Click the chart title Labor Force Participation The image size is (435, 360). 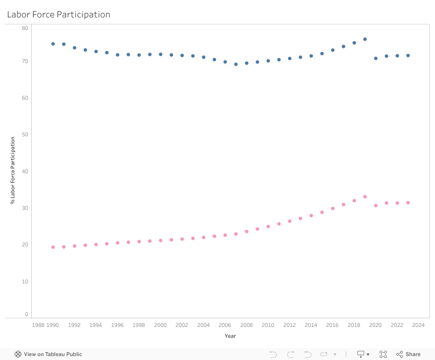tap(59, 14)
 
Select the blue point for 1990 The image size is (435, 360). tap(53, 44)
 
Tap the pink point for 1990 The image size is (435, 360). tap(53, 247)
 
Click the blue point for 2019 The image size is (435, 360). tap(365, 39)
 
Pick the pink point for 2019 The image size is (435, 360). tap(365, 197)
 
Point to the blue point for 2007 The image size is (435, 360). tap(236, 64)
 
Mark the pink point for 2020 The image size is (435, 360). tap(376, 205)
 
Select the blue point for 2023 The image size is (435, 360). tap(408, 56)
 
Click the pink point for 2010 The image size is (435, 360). tap(268, 226)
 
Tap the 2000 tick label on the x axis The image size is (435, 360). tap(161, 325)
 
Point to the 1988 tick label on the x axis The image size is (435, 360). tap(38, 325)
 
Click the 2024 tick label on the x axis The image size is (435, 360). tap(418, 325)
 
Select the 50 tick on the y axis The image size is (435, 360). tap(25, 135)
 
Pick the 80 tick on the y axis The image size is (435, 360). tap(25, 28)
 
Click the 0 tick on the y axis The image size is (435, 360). tap(27, 314)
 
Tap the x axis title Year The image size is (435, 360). tap(230, 336)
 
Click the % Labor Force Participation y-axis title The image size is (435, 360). tap(13, 170)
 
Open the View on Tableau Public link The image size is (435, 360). tap(48, 354)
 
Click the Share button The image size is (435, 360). tap(408, 354)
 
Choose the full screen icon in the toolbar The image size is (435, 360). tap(383, 354)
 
